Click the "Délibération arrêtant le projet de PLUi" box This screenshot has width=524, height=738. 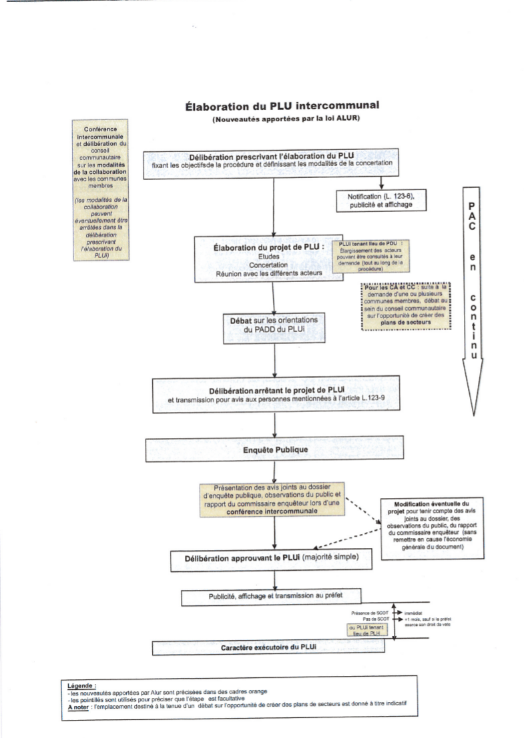coord(276,393)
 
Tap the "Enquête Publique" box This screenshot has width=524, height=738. coord(275,449)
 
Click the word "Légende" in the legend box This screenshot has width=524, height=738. coord(82,685)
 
